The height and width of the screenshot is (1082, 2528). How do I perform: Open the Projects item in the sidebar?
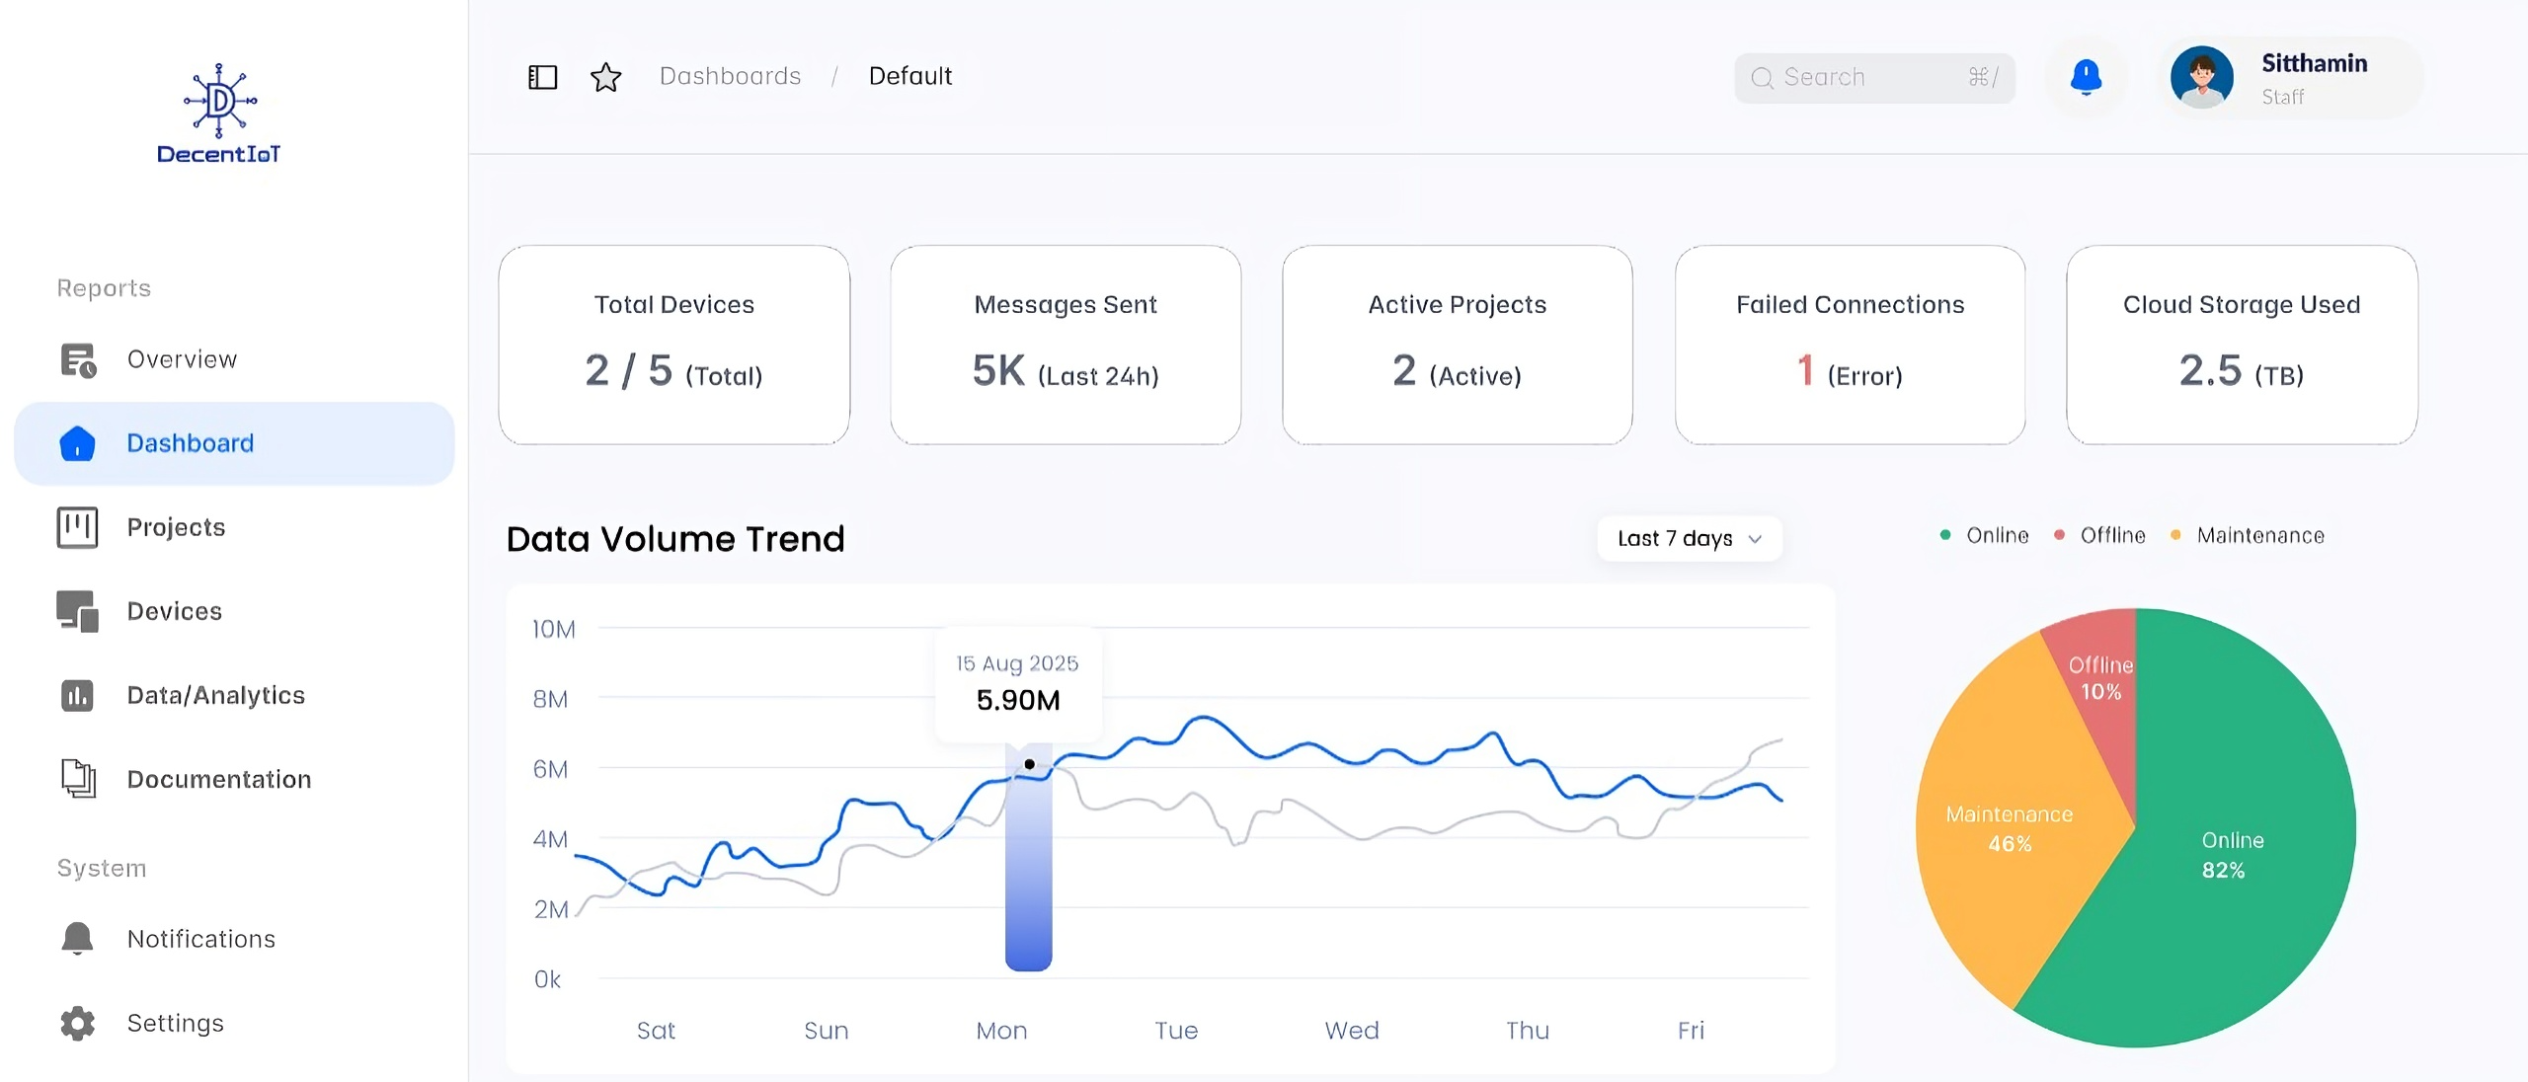pos(175,527)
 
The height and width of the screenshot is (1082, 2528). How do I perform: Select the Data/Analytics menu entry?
pos(215,695)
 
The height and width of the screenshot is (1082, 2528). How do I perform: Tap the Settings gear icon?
pos(77,1023)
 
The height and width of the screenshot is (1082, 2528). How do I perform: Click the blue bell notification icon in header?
pos(2086,77)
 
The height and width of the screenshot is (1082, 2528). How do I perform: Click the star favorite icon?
pos(605,77)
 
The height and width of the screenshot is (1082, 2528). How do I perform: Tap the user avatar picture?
pos(2201,77)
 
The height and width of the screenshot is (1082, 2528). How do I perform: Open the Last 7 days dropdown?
pos(1689,539)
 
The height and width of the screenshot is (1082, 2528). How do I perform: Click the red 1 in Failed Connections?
pos(1805,371)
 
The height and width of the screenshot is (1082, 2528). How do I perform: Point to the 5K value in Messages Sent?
pos(998,371)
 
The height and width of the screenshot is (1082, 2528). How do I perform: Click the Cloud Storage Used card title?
pos(2241,305)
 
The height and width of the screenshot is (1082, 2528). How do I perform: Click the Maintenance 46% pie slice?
pos(2010,829)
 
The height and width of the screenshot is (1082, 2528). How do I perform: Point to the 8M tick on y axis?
pos(550,699)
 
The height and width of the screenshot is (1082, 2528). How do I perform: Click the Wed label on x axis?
pos(1351,1031)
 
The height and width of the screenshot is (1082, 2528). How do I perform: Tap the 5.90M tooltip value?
pos(1018,700)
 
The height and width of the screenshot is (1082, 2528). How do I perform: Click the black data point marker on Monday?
pos(1029,764)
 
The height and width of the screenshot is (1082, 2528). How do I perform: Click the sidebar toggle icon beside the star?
pos(543,77)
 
